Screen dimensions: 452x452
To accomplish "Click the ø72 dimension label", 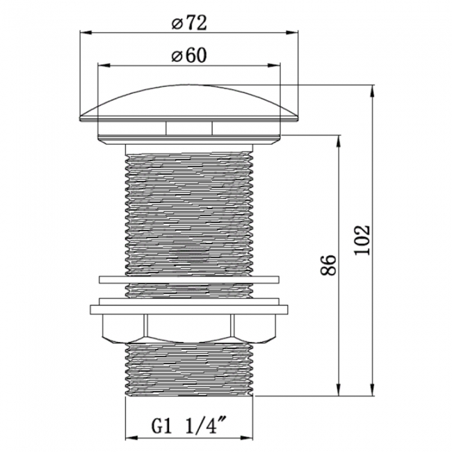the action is pyautogui.click(x=189, y=23).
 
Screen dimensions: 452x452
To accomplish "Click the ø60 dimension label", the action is pyautogui.click(x=189, y=56).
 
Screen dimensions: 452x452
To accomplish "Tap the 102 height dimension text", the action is pyautogui.click(x=362, y=240).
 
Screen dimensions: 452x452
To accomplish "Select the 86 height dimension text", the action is pyautogui.click(x=329, y=265).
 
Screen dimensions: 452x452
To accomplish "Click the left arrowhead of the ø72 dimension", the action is pyautogui.click(x=86, y=32).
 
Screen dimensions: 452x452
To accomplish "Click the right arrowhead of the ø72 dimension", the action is pyautogui.click(x=292, y=32).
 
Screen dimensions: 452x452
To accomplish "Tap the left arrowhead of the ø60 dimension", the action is pyautogui.click(x=104, y=65).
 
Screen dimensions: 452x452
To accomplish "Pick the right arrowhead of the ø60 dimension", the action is pyautogui.click(x=274, y=65).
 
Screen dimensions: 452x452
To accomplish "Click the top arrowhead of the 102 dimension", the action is pyautogui.click(x=373, y=91).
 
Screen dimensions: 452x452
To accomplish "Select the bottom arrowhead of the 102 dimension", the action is pyautogui.click(x=373, y=390).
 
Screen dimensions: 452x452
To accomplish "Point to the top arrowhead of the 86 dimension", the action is pyautogui.click(x=339, y=141).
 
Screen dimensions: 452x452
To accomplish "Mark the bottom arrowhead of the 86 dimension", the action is pyautogui.click(x=339, y=390).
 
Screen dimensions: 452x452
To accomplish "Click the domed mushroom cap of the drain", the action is pyautogui.click(x=189, y=102).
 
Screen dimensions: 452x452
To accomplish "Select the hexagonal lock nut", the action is pyautogui.click(x=189, y=329).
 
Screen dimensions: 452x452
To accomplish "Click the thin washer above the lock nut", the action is pyautogui.click(x=189, y=280).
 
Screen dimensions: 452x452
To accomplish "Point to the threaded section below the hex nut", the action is pyautogui.click(x=189, y=370).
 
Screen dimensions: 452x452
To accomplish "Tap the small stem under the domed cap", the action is pyautogui.click(x=189, y=128).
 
